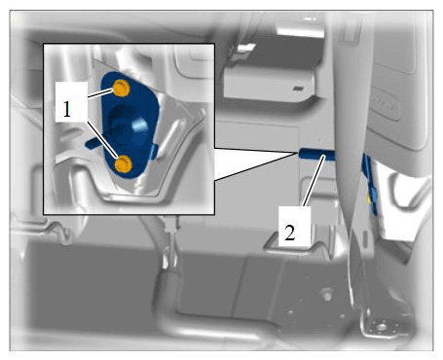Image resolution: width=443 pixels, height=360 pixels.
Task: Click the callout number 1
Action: click(x=67, y=110)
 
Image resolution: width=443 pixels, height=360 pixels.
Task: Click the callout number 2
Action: click(x=290, y=233)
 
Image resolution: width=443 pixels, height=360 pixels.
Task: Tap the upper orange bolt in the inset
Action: click(x=122, y=88)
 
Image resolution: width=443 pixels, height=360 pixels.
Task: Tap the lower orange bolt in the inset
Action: click(x=124, y=163)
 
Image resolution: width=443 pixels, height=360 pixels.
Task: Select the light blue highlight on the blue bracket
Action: click(x=140, y=125)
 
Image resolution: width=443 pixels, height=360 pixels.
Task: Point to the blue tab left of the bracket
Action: click(x=92, y=143)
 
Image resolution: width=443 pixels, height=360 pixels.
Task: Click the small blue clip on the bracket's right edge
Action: click(x=154, y=152)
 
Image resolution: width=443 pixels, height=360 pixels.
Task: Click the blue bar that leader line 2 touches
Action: click(x=316, y=154)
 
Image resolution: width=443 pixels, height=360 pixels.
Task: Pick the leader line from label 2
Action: click(x=314, y=180)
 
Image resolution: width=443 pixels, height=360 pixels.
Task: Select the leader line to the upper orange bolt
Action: click(x=100, y=93)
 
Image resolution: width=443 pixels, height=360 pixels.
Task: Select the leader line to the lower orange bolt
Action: click(x=102, y=140)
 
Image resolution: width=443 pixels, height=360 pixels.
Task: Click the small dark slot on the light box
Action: click(x=298, y=89)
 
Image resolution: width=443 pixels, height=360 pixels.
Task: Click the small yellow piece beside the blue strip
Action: click(x=369, y=198)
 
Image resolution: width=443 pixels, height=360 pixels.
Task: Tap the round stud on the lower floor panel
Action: click(x=327, y=294)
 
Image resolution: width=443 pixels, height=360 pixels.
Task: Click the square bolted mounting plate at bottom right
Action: click(x=381, y=327)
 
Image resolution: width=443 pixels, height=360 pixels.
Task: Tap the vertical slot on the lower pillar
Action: click(x=366, y=239)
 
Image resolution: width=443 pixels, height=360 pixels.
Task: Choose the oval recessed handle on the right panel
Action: click(x=387, y=105)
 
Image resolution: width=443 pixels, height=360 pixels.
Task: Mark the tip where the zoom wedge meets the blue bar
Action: click(x=299, y=152)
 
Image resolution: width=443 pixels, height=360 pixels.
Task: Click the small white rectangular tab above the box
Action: click(x=247, y=49)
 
